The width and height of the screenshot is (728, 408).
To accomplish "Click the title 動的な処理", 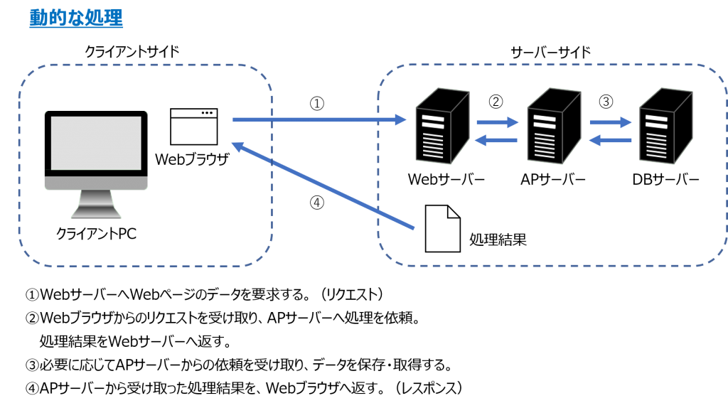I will pos(76,18).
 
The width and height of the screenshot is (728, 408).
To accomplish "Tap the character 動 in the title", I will pos(38,18).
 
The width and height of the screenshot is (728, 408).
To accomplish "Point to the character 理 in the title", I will pos(114,18).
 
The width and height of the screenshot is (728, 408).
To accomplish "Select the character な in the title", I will pos(76,18).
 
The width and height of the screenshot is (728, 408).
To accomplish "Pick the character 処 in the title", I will pos(95,18).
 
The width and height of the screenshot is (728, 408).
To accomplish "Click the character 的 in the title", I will pos(57,18).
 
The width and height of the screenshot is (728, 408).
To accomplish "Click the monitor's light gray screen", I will pos(96,142).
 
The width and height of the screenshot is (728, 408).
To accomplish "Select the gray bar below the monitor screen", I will pos(96,183).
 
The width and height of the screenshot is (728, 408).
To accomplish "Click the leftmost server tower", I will pos(441,127).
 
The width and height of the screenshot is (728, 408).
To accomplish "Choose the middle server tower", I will pos(553,127).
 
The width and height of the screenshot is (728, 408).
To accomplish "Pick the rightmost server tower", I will pos(665,127).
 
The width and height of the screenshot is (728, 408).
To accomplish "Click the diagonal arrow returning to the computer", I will pos(323,186).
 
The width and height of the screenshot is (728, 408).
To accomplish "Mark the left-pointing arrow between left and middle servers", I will pos(496,140).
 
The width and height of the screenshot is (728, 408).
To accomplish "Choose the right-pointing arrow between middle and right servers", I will pos(610,122).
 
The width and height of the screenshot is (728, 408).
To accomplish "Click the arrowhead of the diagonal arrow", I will pos(238,146).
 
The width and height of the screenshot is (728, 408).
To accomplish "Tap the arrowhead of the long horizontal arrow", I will pos(401,119).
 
